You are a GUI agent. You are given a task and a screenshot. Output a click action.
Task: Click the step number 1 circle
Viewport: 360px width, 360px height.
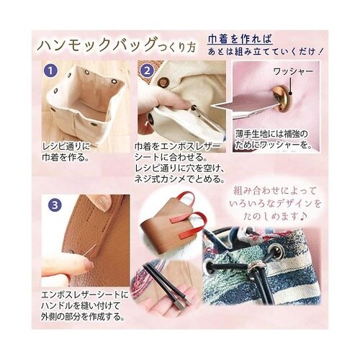(x=50, y=71)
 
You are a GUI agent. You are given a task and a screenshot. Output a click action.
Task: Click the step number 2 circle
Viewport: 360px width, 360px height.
(x=147, y=71)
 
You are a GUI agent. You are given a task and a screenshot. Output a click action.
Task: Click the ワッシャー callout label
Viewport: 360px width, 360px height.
(x=293, y=71)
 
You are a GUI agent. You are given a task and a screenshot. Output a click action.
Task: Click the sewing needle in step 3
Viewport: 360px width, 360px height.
(x=91, y=251)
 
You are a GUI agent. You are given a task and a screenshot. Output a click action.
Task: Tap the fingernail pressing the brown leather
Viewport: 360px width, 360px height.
(x=102, y=201)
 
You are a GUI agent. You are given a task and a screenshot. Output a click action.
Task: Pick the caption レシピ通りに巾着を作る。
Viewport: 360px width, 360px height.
(x=66, y=152)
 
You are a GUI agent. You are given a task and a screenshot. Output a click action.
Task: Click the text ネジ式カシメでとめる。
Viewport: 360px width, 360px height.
(x=179, y=179)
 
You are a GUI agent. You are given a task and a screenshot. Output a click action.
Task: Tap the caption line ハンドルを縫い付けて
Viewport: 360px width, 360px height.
(x=81, y=306)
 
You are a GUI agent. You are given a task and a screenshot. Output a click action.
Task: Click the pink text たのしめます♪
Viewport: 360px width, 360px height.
(x=275, y=216)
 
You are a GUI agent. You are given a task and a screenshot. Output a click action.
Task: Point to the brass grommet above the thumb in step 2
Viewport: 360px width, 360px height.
(x=163, y=82)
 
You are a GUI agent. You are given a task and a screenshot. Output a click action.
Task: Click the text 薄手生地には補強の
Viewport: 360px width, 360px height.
(x=271, y=134)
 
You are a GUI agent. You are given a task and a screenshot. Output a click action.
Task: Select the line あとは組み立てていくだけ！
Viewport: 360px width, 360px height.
(x=266, y=52)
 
